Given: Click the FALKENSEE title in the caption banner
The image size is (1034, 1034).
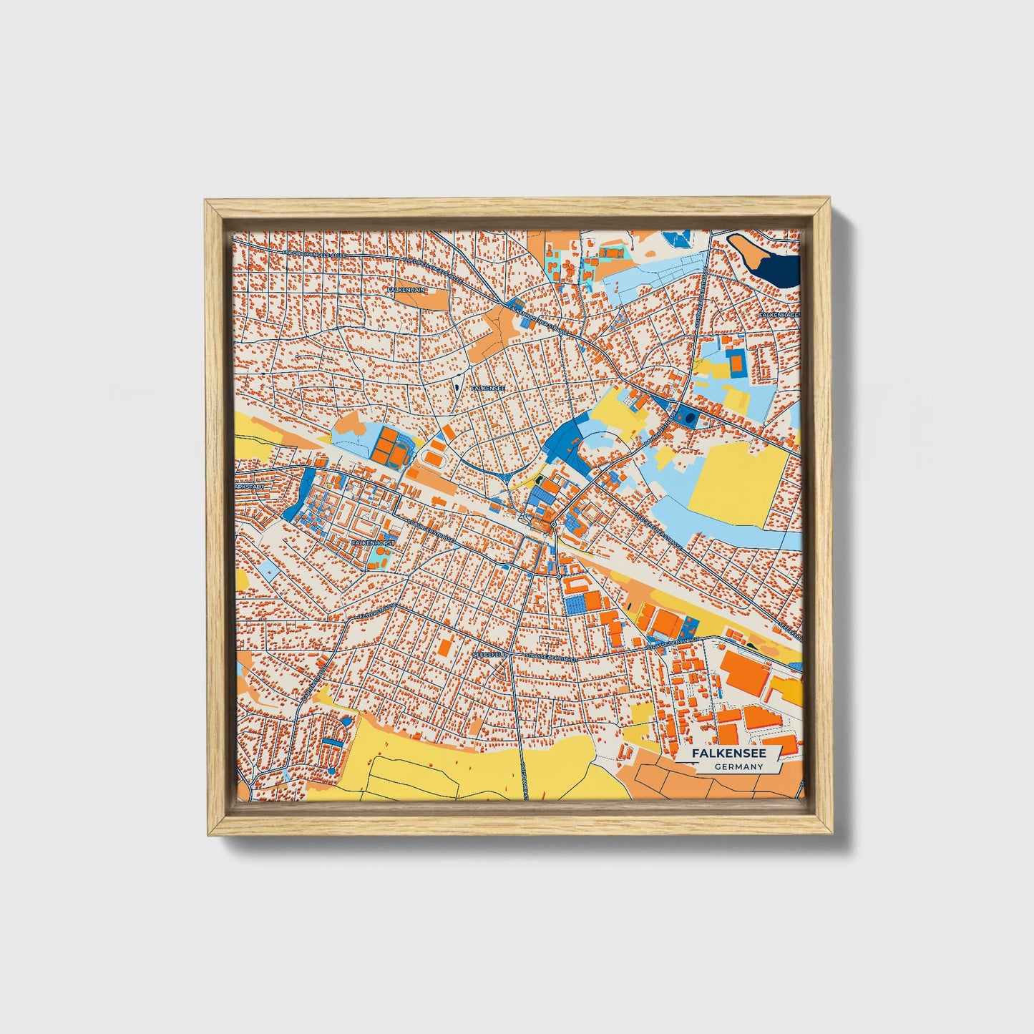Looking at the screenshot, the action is tap(728, 753).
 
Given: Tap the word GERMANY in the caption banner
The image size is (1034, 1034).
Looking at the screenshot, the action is tap(738, 767).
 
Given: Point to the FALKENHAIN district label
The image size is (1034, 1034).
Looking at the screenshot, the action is tap(406, 290).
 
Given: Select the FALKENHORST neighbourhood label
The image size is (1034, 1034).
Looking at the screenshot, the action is tap(373, 543).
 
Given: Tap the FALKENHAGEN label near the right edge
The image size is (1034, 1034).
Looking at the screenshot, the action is tap(779, 314).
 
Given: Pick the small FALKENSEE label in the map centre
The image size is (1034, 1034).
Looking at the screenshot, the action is tap(489, 388).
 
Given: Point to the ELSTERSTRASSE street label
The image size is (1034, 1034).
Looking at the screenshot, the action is tap(377, 611).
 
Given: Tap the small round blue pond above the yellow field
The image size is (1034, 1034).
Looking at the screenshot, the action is tap(347, 721).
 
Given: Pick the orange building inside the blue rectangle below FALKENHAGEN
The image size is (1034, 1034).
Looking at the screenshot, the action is tap(736, 363).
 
